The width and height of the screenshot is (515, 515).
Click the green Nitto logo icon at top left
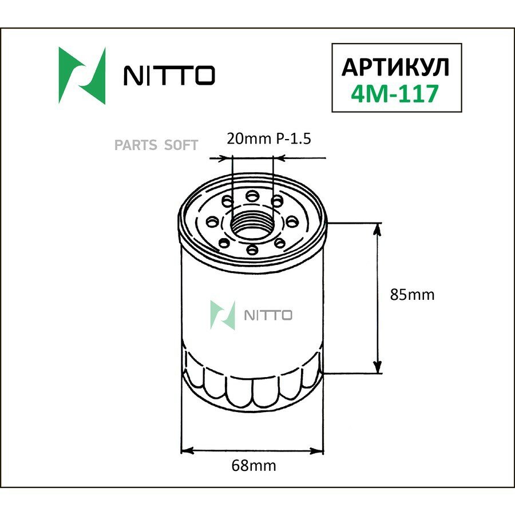click(x=82, y=75)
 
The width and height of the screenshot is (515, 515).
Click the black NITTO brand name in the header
click(x=169, y=75)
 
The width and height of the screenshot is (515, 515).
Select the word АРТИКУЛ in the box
click(x=395, y=67)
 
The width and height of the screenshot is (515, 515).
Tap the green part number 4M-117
click(x=395, y=92)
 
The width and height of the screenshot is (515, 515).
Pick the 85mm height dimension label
click(x=412, y=295)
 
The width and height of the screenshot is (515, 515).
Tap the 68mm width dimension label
click(x=253, y=466)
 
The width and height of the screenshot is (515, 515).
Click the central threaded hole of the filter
click(x=252, y=225)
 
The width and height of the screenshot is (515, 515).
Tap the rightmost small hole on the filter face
click(x=291, y=221)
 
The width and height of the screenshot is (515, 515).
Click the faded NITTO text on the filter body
click(x=268, y=315)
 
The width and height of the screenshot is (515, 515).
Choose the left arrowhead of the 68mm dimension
click(x=187, y=451)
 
